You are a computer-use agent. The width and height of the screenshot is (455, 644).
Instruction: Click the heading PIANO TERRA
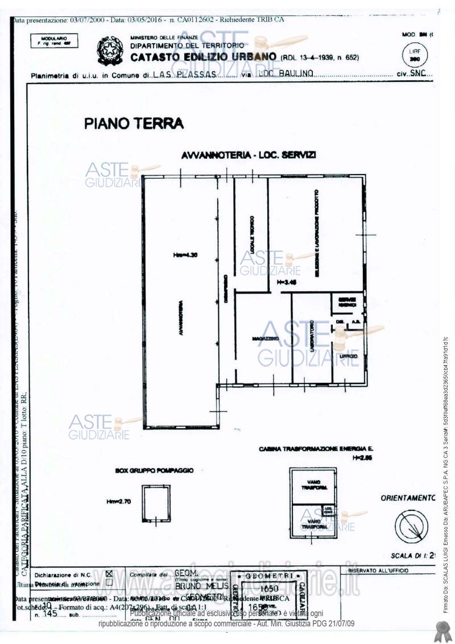134,123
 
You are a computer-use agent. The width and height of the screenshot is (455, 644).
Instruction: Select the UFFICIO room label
348,356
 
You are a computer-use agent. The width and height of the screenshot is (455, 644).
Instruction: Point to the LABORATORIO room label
312,338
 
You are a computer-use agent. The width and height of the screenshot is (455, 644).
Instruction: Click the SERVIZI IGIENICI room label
347,303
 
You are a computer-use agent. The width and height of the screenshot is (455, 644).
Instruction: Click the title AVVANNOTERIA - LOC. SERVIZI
249,155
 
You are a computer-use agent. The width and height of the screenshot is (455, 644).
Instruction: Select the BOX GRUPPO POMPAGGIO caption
154,471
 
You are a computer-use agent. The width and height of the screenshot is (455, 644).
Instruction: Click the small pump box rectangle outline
155,503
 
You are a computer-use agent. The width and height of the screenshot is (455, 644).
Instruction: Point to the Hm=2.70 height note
118,502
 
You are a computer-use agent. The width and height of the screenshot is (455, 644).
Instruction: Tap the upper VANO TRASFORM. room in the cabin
313,485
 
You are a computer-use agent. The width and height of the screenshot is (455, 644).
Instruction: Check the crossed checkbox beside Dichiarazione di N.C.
109,575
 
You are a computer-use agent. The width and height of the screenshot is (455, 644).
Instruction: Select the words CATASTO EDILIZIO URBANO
204,57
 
